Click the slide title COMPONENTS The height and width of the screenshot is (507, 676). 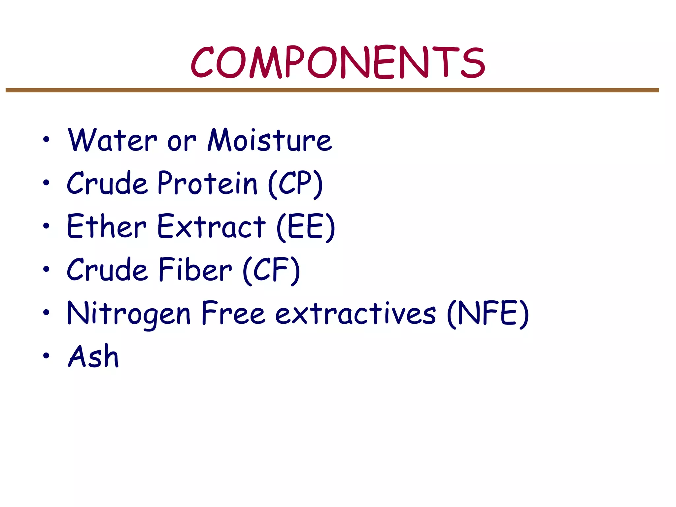pos(338,63)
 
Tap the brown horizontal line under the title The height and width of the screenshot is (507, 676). pos(332,90)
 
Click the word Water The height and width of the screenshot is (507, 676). pos(112,141)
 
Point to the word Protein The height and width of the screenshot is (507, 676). pos(207,183)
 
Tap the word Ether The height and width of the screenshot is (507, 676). pos(106,226)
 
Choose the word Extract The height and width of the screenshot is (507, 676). pos(211,226)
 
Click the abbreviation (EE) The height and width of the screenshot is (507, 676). pos(306,227)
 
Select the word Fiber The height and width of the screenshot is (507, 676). pos(195,270)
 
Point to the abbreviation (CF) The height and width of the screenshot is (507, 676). pos(271,271)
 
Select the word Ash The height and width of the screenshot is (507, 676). pos(93,356)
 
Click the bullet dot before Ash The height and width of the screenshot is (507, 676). pos(46,355)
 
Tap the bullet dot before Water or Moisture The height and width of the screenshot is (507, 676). pos(46,139)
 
